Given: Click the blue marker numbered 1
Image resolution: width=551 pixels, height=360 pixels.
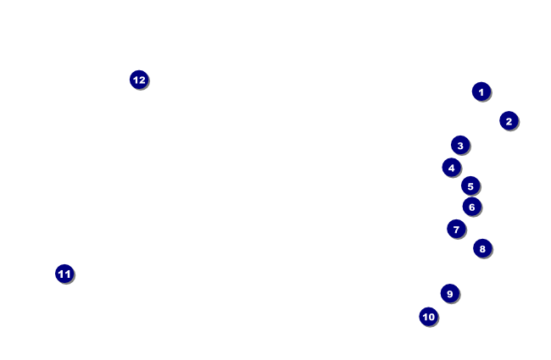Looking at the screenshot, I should [481, 91].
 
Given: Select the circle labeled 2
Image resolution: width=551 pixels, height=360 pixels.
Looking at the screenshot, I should [509, 121].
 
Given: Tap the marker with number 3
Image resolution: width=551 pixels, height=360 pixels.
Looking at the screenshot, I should [460, 145].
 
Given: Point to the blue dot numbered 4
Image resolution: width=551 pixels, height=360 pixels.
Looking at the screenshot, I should [452, 168].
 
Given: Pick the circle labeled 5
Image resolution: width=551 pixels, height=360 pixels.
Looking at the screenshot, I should [470, 186].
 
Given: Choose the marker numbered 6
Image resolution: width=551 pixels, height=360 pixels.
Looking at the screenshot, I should [472, 207].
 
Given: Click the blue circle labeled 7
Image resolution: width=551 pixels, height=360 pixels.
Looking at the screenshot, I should [456, 229].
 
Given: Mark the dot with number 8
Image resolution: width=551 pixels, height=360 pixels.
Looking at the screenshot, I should [482, 248].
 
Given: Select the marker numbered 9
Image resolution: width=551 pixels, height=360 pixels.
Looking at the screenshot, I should [450, 294].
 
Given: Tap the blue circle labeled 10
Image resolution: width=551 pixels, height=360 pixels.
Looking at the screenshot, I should [428, 317].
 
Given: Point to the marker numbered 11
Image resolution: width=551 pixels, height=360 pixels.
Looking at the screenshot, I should [64, 274].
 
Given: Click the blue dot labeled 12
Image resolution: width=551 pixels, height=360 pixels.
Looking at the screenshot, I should [139, 80].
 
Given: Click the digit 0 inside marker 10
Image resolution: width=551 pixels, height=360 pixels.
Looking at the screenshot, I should [431, 317].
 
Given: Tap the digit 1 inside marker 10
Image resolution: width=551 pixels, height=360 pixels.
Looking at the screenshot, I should [425, 317].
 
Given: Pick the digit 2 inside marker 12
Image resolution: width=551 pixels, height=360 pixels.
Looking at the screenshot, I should [142, 80].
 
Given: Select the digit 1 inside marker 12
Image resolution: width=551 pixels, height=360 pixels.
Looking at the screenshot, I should [136, 80].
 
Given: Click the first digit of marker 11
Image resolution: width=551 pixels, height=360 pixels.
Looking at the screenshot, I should [61, 274].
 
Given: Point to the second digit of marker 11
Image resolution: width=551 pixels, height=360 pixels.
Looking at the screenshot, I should [68, 274].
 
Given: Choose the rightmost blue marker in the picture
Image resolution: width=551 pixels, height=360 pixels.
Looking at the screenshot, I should [509, 121].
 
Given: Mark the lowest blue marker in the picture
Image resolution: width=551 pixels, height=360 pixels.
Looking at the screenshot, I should [428, 317].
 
